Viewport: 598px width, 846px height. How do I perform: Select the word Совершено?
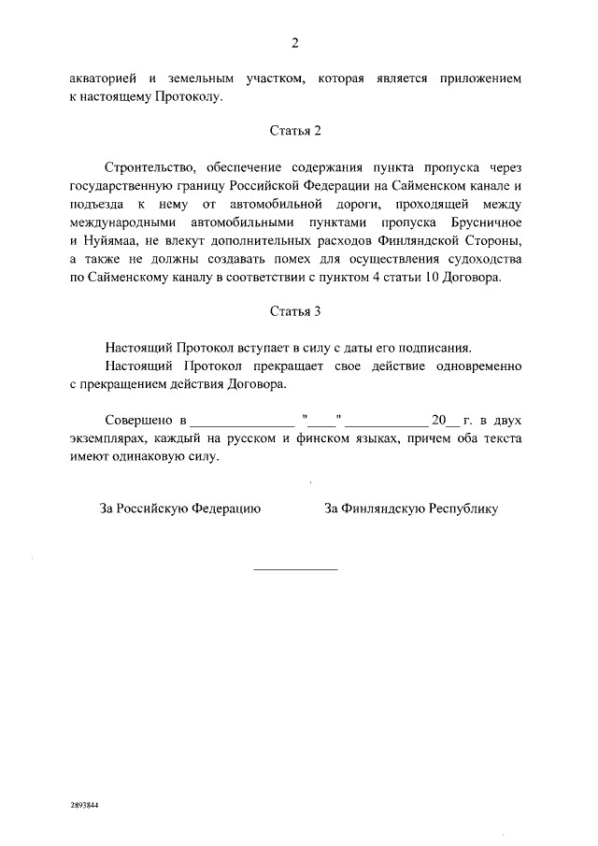[137, 420]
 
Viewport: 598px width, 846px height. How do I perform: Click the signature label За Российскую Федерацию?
[180, 509]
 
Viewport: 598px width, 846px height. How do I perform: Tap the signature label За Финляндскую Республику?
[411, 509]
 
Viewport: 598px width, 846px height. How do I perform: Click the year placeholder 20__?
[440, 420]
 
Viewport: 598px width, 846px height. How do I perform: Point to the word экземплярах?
[109, 437]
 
